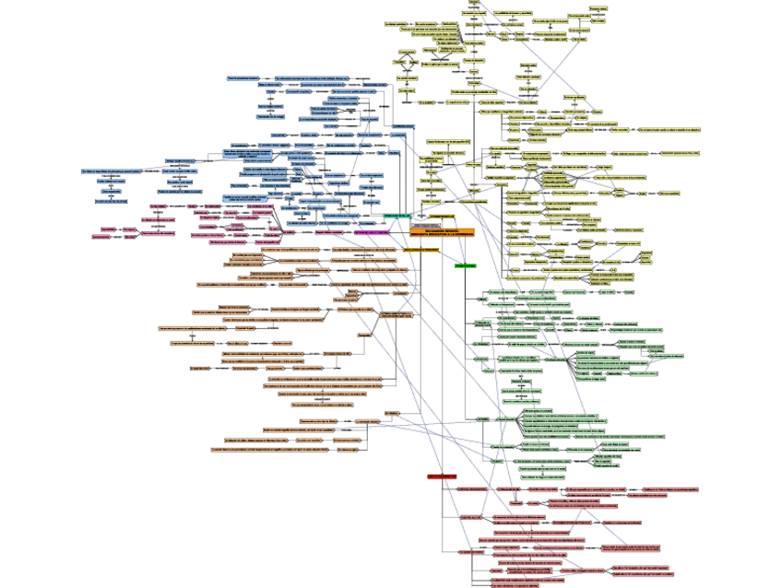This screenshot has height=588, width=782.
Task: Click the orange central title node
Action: point(442,232)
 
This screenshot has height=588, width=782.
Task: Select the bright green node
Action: point(464,265)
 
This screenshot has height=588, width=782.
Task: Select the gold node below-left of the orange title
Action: point(421,249)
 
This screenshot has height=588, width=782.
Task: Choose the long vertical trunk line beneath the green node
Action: point(465,350)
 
